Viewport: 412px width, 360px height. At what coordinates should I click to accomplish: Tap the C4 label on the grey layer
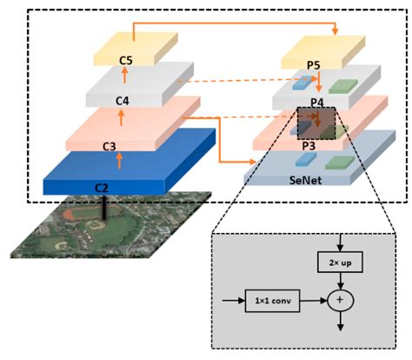(x=123, y=102)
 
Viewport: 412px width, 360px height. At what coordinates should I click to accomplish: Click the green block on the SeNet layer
(x=338, y=162)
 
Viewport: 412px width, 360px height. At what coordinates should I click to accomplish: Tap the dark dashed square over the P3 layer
(x=316, y=123)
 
